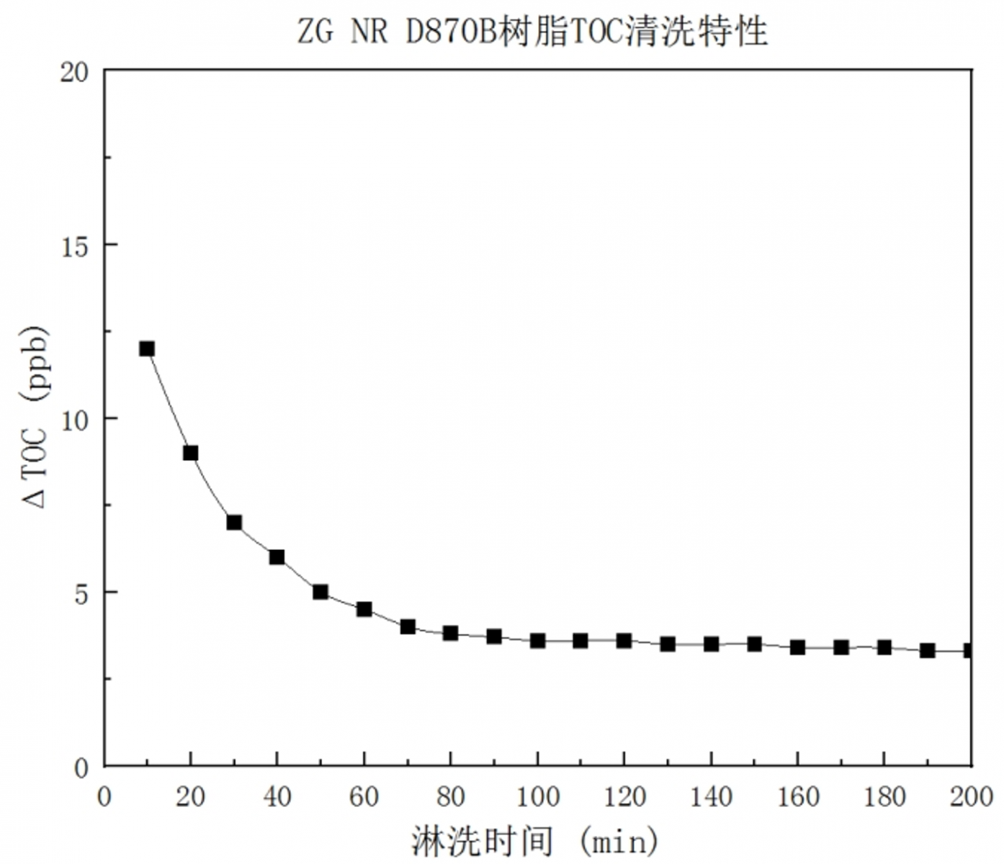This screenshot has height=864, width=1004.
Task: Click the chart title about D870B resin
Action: click(x=533, y=32)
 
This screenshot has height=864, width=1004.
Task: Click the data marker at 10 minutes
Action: click(x=147, y=349)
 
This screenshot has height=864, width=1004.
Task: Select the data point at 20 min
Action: click(x=190, y=453)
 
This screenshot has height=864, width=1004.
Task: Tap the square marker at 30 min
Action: click(x=234, y=523)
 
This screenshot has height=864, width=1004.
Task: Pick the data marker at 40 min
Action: click(x=277, y=557)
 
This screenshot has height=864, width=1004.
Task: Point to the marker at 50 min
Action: click(x=321, y=592)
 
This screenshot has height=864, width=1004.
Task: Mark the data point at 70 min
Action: click(x=408, y=626)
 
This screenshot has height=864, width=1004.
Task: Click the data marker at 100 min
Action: click(x=537, y=640)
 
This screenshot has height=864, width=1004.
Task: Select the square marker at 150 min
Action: click(x=754, y=644)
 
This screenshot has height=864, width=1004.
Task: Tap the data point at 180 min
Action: click(x=884, y=647)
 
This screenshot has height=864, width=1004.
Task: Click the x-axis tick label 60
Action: click(x=364, y=797)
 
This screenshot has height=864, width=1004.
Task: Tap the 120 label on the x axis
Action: click(x=624, y=797)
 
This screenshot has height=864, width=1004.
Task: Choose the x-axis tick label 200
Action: click(x=972, y=797)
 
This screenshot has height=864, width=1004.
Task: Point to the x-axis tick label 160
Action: click(x=798, y=797)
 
